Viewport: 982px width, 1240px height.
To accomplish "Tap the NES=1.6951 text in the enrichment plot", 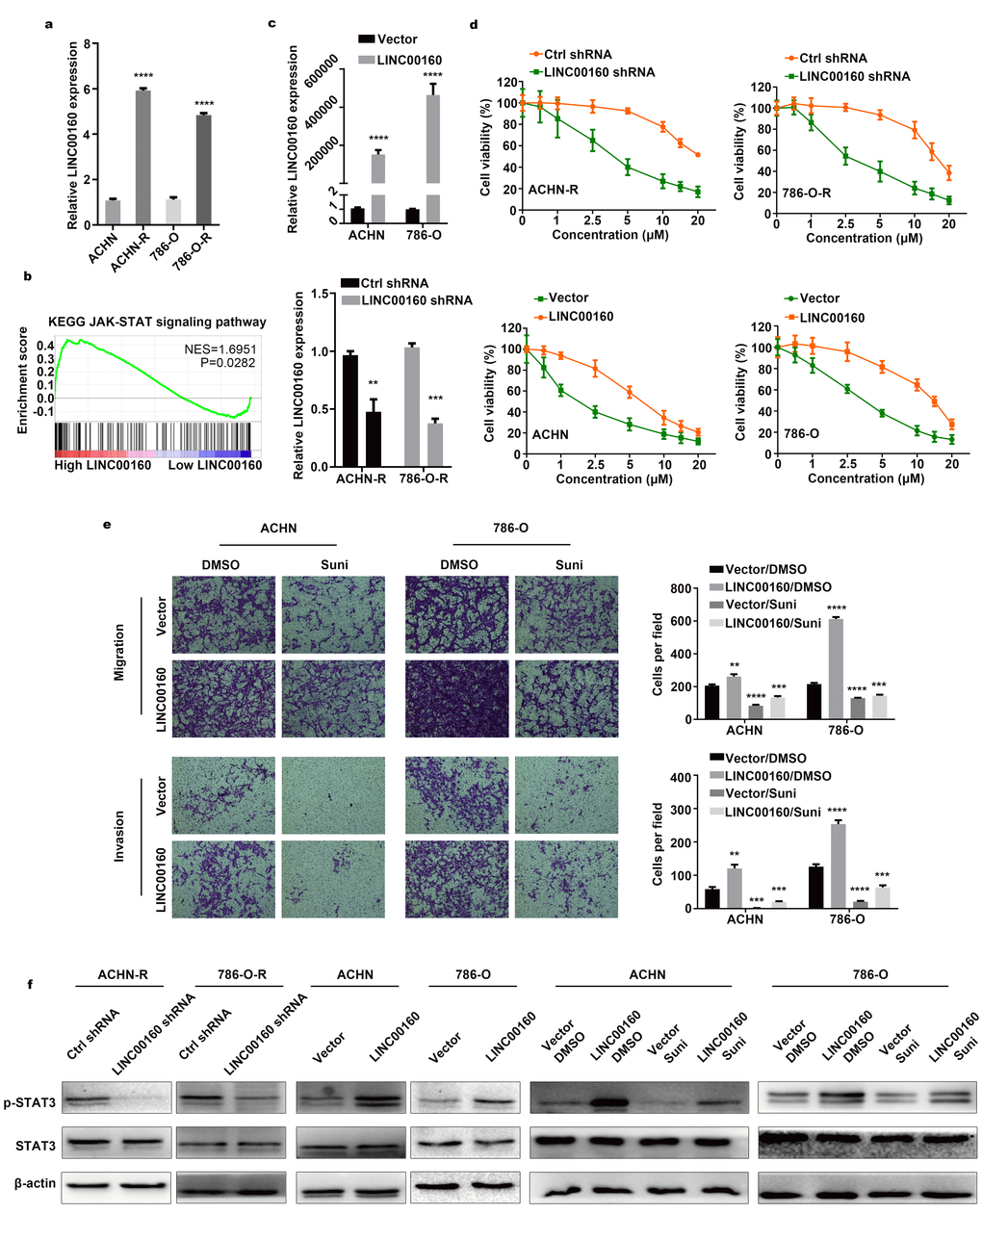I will [220, 349].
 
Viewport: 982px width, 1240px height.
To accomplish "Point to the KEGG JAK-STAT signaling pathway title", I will [158, 322].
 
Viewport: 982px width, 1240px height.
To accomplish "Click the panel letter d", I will [474, 24].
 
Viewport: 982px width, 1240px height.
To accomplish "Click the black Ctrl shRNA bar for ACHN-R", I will [349, 410].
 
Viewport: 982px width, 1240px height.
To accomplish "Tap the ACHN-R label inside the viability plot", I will [553, 190].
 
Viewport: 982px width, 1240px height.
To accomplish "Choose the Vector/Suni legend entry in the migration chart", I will [760, 605].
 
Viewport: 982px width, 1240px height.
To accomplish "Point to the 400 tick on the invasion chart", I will [680, 777].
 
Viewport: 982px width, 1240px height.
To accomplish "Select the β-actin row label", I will [35, 1182].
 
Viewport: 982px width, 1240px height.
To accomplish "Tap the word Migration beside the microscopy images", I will [119, 652].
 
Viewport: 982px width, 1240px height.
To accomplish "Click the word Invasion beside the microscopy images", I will [119, 835].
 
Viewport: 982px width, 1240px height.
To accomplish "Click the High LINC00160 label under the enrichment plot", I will [102, 465].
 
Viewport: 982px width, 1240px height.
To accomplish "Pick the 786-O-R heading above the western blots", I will [242, 974].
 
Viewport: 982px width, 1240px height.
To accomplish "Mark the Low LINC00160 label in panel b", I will [215, 465].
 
